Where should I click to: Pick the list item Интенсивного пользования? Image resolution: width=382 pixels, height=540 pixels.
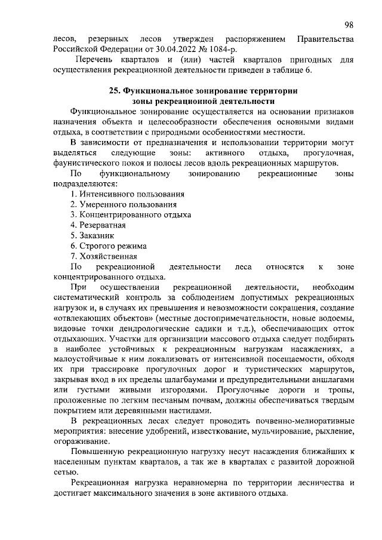pos(131,194)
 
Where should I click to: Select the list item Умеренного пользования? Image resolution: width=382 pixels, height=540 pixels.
pos(127,204)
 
